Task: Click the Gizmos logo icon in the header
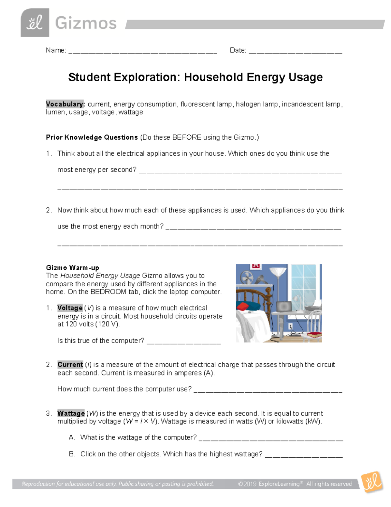pos(35,23)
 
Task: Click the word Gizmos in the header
pos(86,24)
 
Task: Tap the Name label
pos(56,50)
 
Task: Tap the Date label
pos(238,50)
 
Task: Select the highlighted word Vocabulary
pos(65,104)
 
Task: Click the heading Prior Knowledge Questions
pos(92,137)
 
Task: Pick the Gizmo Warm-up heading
pos(72,268)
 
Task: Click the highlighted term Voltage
pos(70,308)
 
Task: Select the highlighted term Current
pos(70,365)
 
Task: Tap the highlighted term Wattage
pos(71,413)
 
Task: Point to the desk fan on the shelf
pos(246,278)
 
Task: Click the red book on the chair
pos(315,334)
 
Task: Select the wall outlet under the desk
pos(290,326)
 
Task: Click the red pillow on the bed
pos(243,307)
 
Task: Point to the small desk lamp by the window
pos(297,300)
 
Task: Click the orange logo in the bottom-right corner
pos(372,482)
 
